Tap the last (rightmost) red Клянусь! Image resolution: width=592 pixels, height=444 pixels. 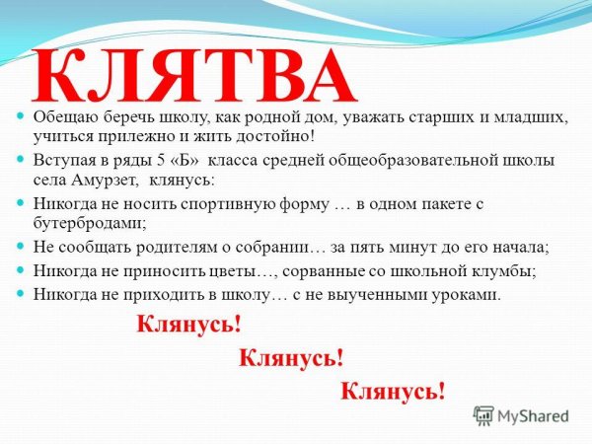393,391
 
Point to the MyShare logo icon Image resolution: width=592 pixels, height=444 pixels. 482,416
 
